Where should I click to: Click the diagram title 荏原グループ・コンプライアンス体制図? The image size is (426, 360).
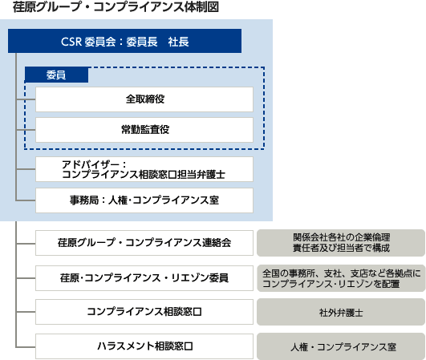(116, 7)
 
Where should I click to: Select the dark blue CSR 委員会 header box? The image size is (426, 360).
(124, 41)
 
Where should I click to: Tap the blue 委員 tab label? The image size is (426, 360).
(56, 75)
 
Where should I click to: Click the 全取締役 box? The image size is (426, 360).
(144, 99)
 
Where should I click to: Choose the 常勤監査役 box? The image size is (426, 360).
(144, 130)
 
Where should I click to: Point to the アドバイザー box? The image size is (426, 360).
(144, 169)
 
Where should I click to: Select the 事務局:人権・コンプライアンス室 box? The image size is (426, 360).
(144, 200)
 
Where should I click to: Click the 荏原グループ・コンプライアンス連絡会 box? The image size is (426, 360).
(144, 243)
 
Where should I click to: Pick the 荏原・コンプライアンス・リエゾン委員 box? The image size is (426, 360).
(144, 278)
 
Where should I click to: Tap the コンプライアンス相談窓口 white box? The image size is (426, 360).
(144, 312)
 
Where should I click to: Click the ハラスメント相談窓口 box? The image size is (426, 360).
(144, 346)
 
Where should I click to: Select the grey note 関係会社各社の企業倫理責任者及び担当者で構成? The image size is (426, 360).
(341, 243)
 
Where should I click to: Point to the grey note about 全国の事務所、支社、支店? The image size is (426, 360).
(341, 278)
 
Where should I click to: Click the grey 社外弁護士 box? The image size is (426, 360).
(341, 312)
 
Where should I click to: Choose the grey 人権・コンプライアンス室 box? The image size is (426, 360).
(341, 346)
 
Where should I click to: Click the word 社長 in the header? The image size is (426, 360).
(178, 42)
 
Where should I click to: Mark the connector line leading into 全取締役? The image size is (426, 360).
(26, 99)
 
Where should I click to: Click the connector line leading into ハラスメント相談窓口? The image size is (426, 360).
(26, 347)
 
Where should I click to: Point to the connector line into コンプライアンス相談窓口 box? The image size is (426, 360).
(26, 312)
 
